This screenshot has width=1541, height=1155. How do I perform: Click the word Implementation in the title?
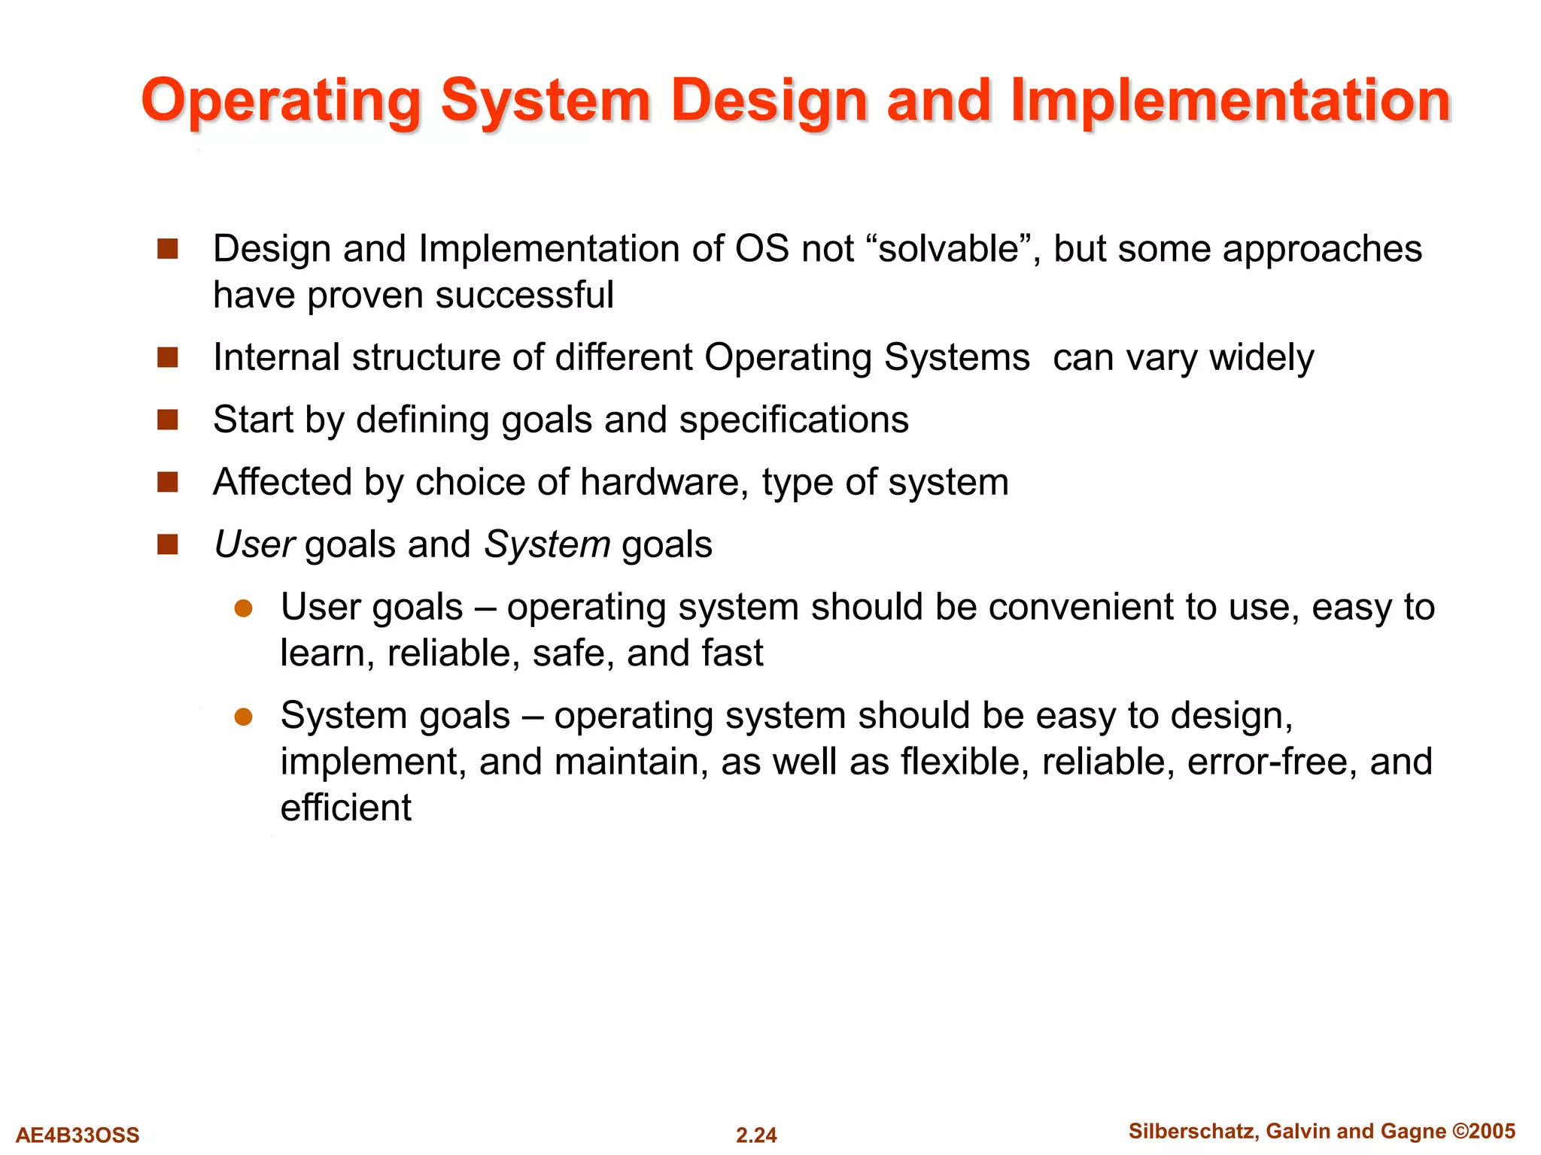[x=1229, y=101]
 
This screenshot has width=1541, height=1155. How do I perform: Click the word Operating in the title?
[x=281, y=101]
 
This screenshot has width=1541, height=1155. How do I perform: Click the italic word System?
[x=547, y=544]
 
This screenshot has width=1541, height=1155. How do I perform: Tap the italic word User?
[x=254, y=544]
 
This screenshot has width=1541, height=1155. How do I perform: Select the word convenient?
[x=1081, y=607]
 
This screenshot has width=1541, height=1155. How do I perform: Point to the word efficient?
[x=345, y=808]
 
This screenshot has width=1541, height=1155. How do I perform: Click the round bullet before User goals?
[x=243, y=608]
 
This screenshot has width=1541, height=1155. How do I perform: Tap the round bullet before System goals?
[x=243, y=717]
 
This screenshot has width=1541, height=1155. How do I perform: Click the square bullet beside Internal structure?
[x=167, y=357]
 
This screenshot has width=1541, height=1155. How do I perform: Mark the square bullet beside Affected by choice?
[x=167, y=482]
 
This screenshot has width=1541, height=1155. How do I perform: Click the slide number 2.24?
[x=756, y=1135]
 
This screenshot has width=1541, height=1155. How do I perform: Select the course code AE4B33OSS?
[x=78, y=1135]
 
